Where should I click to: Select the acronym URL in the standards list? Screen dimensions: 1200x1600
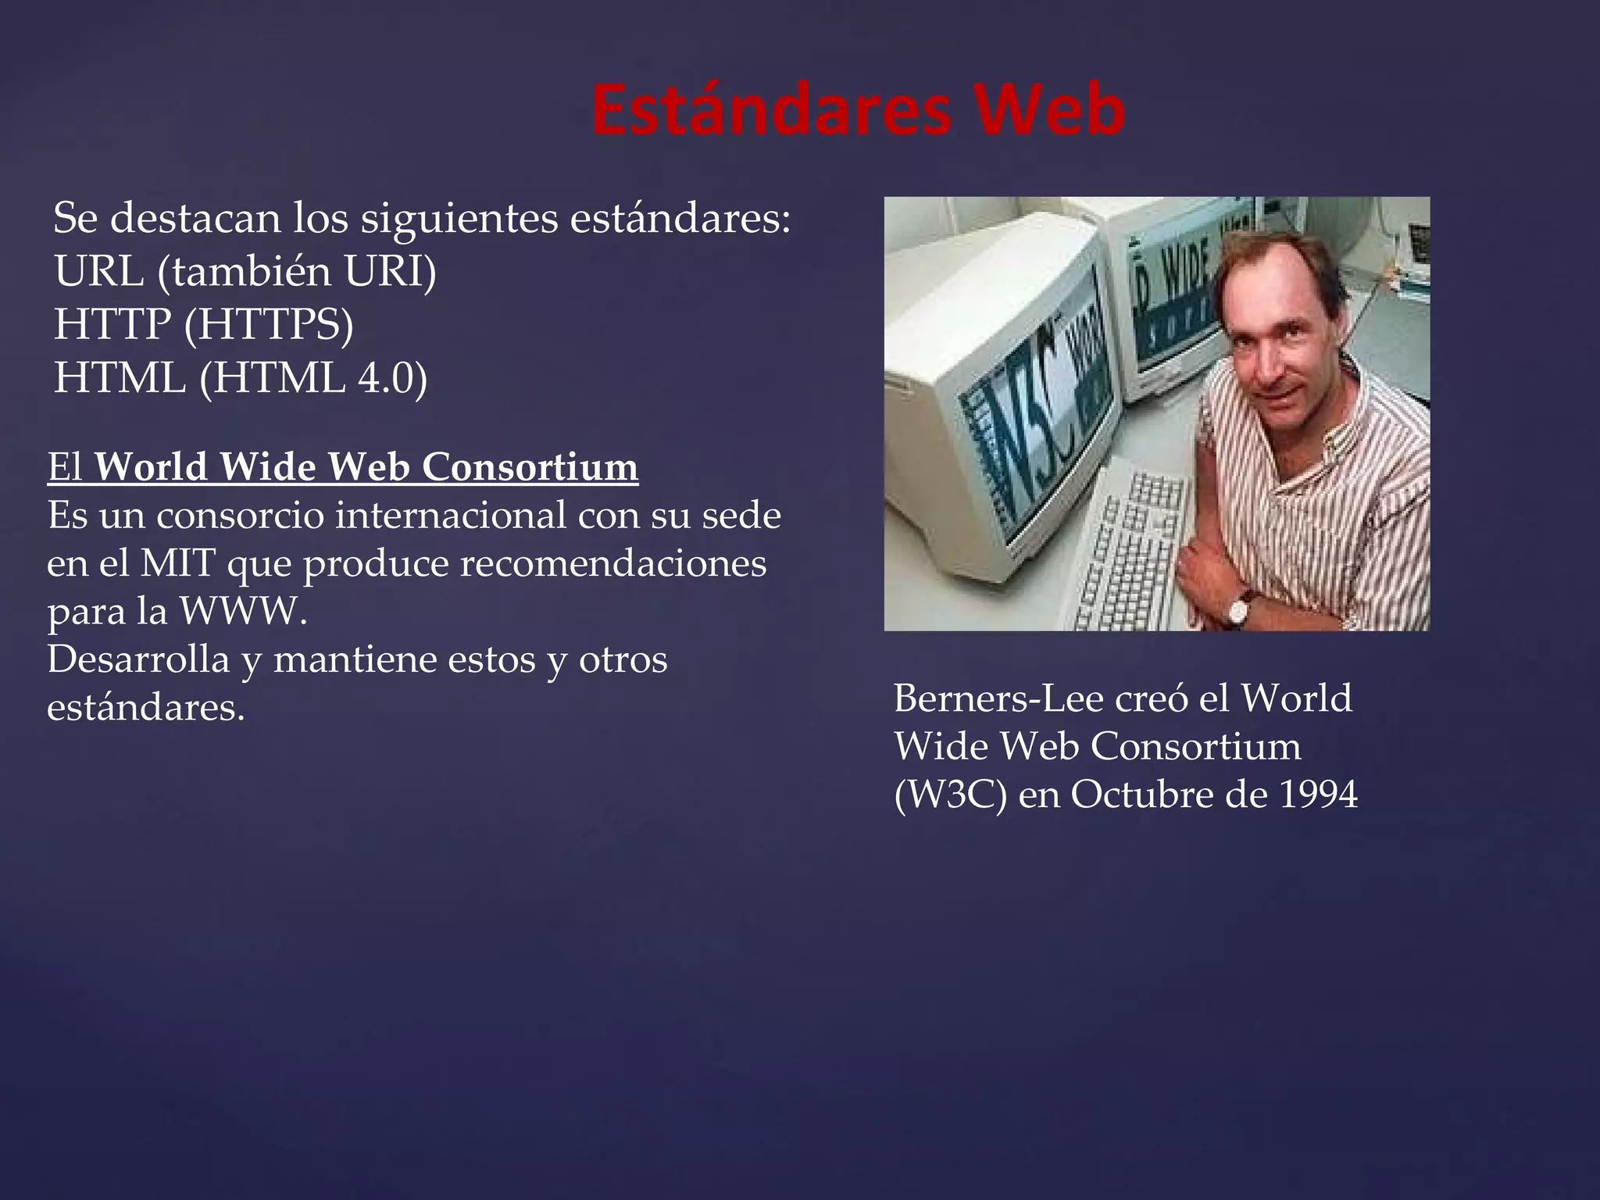tap(99, 272)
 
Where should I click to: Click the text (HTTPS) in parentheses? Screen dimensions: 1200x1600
tap(268, 325)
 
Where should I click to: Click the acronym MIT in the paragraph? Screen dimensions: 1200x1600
tap(177, 563)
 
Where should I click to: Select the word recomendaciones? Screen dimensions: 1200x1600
tap(613, 563)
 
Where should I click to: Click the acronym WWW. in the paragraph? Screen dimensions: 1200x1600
tap(244, 612)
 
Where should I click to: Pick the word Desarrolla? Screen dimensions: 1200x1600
tap(138, 659)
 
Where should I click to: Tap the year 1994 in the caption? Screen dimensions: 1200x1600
tap(1319, 795)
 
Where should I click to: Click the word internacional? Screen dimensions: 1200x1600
tap(451, 516)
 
